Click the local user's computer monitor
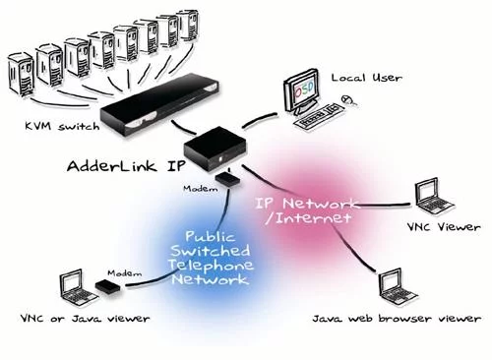(x=302, y=95)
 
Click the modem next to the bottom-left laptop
(x=105, y=286)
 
